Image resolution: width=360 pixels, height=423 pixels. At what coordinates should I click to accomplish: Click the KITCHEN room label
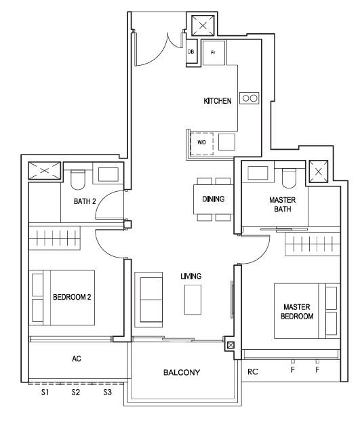pyautogui.click(x=218, y=101)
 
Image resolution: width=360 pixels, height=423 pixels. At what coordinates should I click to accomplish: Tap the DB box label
pyautogui.click(x=191, y=52)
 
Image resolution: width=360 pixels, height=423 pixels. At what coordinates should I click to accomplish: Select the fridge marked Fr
pyautogui.click(x=214, y=53)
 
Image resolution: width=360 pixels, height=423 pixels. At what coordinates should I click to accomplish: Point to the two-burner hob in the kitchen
pyautogui.click(x=249, y=98)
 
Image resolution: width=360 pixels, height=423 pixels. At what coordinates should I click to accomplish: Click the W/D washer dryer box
pyautogui.click(x=201, y=144)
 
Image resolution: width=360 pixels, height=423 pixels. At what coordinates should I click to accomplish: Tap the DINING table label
pyautogui.click(x=213, y=199)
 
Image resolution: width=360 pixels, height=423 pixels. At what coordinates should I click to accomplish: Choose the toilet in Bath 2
pyautogui.click(x=78, y=180)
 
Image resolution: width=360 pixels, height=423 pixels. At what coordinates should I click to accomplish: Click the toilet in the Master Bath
pyautogui.click(x=289, y=178)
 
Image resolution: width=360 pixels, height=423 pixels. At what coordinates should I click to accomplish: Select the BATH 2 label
pyautogui.click(x=85, y=201)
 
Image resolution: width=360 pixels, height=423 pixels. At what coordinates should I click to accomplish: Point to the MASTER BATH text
pyautogui.click(x=283, y=205)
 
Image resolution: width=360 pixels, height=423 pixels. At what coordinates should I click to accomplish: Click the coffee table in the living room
pyautogui.click(x=193, y=300)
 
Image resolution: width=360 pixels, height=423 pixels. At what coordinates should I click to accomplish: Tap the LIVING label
pyautogui.click(x=191, y=277)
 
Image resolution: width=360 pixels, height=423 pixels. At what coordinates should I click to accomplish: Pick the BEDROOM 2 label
pyautogui.click(x=72, y=297)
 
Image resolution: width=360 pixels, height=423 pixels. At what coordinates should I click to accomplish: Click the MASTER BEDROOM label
pyautogui.click(x=297, y=312)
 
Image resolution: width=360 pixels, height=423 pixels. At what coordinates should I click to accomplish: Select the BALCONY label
pyautogui.click(x=182, y=373)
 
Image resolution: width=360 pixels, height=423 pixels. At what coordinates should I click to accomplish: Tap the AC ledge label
pyautogui.click(x=77, y=359)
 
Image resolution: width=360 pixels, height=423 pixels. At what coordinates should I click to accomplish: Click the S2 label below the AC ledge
pyautogui.click(x=76, y=392)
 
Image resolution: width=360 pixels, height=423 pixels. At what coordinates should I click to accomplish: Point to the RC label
pyautogui.click(x=253, y=371)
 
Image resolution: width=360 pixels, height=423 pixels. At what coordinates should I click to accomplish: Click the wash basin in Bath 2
pyautogui.click(x=108, y=174)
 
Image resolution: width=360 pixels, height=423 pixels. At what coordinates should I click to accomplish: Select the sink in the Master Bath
pyautogui.click(x=258, y=173)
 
